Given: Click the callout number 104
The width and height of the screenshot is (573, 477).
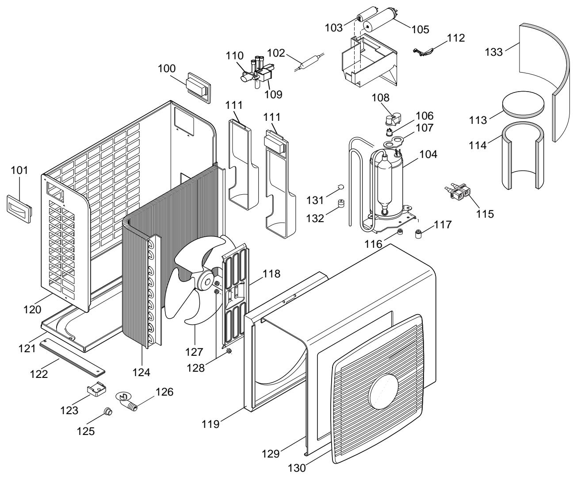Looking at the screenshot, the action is point(428,154).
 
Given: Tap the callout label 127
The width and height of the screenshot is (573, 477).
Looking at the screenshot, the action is point(194,352).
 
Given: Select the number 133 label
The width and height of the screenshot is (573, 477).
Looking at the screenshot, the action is point(494,52).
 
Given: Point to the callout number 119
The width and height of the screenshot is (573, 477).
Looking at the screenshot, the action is point(210,424).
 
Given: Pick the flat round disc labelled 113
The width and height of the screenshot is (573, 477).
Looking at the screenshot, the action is point(523,104).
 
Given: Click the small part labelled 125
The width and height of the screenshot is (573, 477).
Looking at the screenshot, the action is point(109,412).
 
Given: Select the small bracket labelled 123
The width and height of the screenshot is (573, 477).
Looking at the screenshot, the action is point(96,389).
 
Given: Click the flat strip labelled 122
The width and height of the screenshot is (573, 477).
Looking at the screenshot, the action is point(73,357).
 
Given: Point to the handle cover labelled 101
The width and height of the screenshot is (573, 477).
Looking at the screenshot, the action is point(19,209).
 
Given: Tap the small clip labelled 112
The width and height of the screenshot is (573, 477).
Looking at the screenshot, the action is point(423,51).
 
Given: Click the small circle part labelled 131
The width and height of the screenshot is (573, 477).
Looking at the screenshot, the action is point(341,187).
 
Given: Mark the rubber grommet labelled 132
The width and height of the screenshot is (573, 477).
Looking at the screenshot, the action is point(341,204).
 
